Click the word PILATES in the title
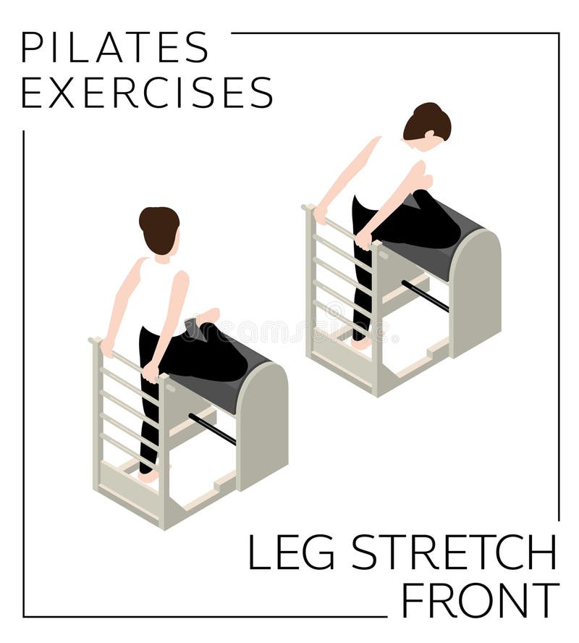tap(114, 48)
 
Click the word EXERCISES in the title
tap(147, 93)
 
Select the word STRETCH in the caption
tap(454, 553)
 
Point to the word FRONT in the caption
tap(480, 600)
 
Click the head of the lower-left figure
tap(159, 228)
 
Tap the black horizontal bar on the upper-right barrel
tap(425, 295)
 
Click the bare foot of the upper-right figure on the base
tap(360, 343)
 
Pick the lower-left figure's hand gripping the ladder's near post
tap(151, 373)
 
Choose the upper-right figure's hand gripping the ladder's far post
tap(321, 214)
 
